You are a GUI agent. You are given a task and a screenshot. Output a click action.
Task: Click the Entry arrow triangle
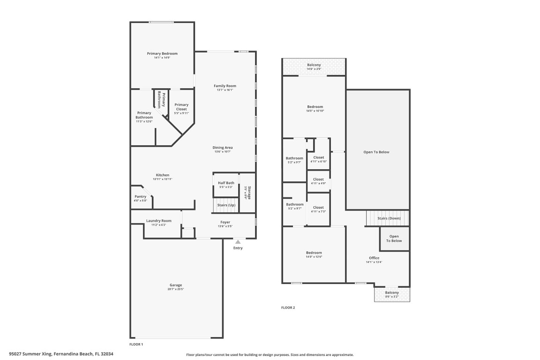(238, 242)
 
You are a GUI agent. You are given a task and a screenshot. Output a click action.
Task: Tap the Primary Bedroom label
(162, 53)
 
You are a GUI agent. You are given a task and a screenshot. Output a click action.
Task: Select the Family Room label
(225, 86)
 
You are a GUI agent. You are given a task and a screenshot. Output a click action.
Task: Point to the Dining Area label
(223, 148)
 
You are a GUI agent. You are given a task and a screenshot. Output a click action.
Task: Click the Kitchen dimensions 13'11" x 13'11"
(163, 179)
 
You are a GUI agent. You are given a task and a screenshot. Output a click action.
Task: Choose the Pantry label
(140, 196)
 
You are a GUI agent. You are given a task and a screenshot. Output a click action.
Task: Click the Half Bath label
(226, 183)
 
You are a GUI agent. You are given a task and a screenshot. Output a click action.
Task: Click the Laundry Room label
(158, 221)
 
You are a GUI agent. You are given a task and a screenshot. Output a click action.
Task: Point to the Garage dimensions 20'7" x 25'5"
(176, 289)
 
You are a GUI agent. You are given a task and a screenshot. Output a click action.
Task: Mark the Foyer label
(225, 222)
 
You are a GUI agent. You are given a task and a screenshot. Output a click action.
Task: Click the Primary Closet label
(181, 107)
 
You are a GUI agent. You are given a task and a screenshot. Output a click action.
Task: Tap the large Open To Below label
(376, 152)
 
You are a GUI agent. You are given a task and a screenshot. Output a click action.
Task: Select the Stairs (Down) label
(389, 218)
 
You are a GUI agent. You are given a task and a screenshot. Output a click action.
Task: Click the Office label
(374, 258)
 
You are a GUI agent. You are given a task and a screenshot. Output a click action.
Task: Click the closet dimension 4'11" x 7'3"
(318, 211)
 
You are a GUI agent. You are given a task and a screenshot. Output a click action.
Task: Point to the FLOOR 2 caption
(288, 307)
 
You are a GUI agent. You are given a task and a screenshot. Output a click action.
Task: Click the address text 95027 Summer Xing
(31, 354)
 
